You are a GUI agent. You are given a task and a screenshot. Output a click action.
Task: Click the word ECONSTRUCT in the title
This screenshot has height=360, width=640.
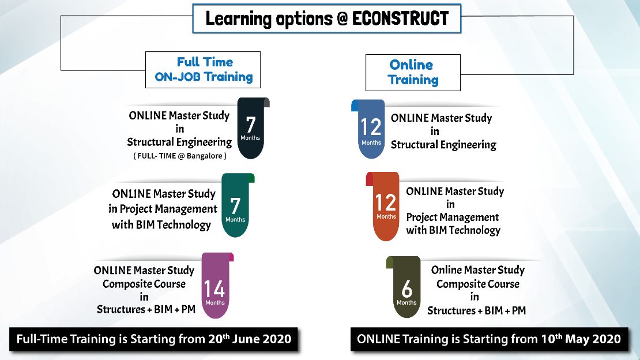[x=400, y=18]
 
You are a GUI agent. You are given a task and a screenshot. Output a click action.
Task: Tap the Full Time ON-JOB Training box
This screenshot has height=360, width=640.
[x=203, y=69]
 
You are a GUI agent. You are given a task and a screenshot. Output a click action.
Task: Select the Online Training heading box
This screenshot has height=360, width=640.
[x=413, y=72]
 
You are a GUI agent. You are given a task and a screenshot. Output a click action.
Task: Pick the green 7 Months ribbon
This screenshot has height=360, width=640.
[x=237, y=205]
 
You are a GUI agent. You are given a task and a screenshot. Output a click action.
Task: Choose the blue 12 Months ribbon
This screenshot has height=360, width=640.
[x=368, y=129]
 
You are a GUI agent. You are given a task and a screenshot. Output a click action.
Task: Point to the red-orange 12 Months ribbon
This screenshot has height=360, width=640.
[x=383, y=207]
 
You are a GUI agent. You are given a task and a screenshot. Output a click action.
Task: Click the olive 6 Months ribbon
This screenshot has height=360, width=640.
[x=404, y=287]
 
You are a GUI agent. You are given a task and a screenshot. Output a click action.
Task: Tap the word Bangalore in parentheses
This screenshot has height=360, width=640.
[x=205, y=156]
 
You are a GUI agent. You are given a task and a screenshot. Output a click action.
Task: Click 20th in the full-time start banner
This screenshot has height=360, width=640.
[x=219, y=339]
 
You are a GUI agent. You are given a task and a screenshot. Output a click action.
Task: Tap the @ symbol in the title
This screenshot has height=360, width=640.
[x=342, y=19]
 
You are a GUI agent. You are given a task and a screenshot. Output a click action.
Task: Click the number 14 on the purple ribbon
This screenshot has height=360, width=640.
[x=214, y=289]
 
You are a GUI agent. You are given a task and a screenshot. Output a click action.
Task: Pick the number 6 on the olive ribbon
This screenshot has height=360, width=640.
[x=407, y=288]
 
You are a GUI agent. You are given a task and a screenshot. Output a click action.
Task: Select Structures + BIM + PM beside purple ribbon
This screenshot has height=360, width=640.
[x=146, y=309]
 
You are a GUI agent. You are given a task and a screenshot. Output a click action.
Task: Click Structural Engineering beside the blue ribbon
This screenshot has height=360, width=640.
[x=443, y=145]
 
